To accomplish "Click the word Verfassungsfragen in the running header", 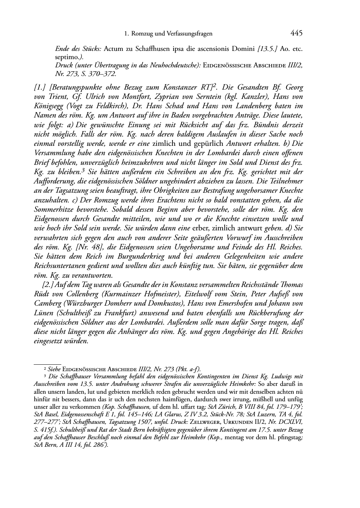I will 189,34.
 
